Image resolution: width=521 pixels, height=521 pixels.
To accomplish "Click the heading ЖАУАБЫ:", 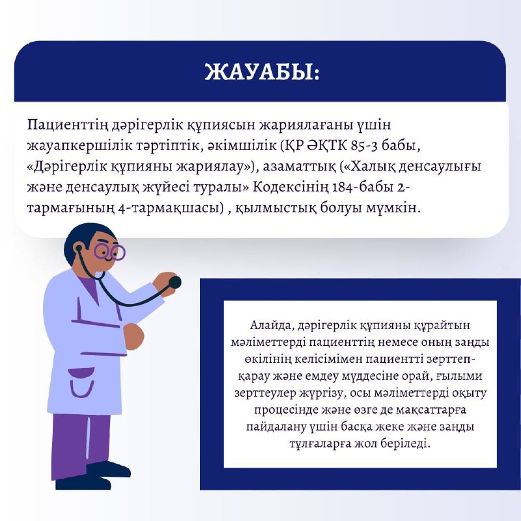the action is [262, 72].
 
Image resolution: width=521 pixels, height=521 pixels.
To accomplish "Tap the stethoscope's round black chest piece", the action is [175, 283].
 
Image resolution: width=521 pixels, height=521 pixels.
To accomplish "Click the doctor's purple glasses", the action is [109, 252].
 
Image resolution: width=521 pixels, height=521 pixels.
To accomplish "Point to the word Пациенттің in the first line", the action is [66, 125].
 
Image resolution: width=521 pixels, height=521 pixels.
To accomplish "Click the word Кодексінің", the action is [291, 188].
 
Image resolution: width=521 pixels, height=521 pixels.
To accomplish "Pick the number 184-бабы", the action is [363, 188].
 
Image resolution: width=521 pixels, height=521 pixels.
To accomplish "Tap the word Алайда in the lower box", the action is [270, 325].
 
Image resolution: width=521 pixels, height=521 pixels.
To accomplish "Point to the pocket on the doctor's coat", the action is [82, 382].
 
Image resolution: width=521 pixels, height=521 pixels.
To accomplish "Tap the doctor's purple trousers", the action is [79, 442].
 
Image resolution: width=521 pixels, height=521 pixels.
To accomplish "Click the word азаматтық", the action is [300, 167].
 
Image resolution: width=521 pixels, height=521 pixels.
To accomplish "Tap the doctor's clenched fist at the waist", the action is [134, 335].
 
